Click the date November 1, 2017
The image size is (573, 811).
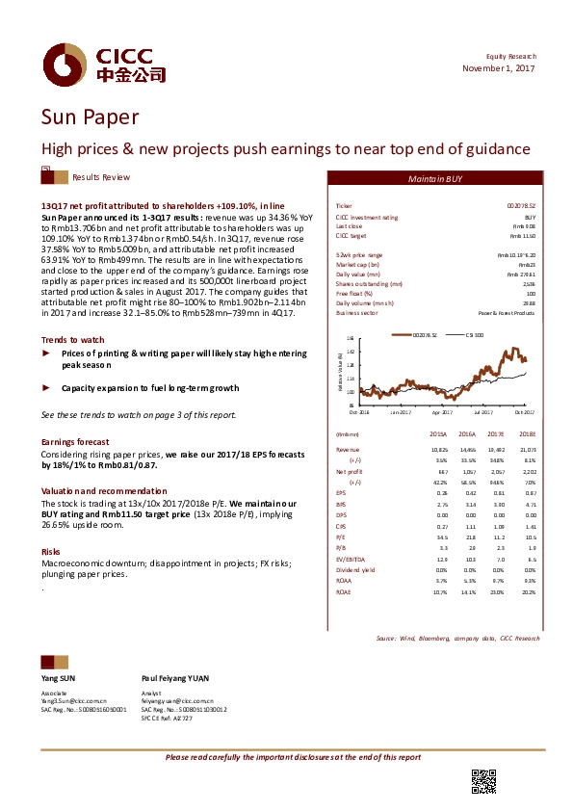point(498,68)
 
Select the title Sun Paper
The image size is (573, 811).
point(89,118)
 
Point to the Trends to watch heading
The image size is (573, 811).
point(73,340)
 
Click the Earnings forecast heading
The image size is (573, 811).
point(73,441)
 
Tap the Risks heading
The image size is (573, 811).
point(51,551)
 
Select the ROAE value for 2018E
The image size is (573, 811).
point(528,592)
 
